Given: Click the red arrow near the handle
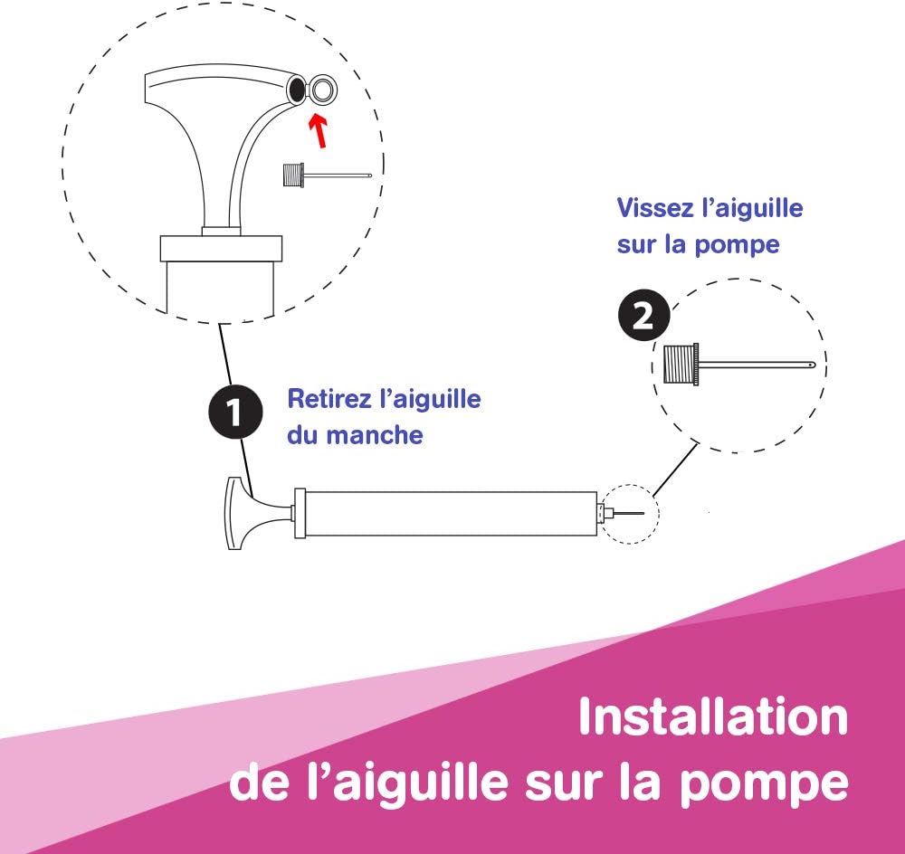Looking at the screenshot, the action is pos(318,130).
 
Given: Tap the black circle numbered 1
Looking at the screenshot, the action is pos(235,412).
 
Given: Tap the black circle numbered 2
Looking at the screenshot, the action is pos(644,315).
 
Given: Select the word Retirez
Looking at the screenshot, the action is pos(329,399).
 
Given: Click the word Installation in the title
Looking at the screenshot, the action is pos(713,716).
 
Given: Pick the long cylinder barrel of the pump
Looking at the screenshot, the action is pos(450,514).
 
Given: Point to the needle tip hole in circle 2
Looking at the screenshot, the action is pos(812,365).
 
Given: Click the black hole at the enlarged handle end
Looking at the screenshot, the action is pos(296,89).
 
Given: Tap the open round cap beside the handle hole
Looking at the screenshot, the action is pos(322,90).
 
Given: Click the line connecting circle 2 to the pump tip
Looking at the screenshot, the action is pos(675,470).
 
